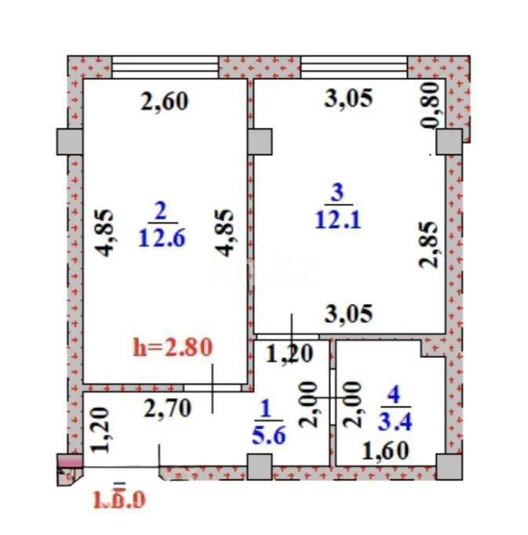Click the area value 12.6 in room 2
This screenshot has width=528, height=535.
[x=162, y=237]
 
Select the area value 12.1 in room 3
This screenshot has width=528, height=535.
[x=337, y=220]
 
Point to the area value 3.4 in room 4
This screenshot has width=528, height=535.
[x=395, y=421]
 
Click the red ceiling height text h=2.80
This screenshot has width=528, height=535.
[x=173, y=346]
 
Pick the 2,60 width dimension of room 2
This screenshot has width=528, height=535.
[x=165, y=101]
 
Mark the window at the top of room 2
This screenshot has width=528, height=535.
[x=165, y=67]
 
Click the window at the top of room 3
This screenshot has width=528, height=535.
[x=354, y=67]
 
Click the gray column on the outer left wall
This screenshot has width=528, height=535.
[x=68, y=141]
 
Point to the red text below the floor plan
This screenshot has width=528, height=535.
[x=119, y=497]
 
